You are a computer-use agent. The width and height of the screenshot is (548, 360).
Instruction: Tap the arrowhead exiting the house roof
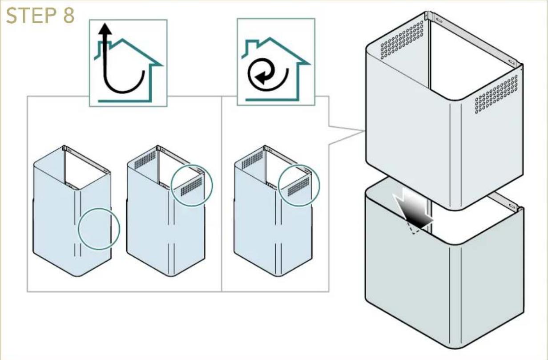point(105,28)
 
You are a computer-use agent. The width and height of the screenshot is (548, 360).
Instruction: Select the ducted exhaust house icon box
point(128,63)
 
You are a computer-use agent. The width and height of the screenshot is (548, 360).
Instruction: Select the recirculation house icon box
point(276,62)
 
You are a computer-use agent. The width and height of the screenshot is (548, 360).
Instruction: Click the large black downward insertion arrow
point(412,210)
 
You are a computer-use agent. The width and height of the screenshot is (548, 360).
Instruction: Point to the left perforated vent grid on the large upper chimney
point(402,40)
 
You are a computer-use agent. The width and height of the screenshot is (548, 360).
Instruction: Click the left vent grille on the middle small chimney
point(145,160)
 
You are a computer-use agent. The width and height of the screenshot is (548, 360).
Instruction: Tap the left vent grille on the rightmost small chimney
point(252,160)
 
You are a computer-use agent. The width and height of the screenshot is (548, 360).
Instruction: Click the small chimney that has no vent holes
point(72,211)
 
